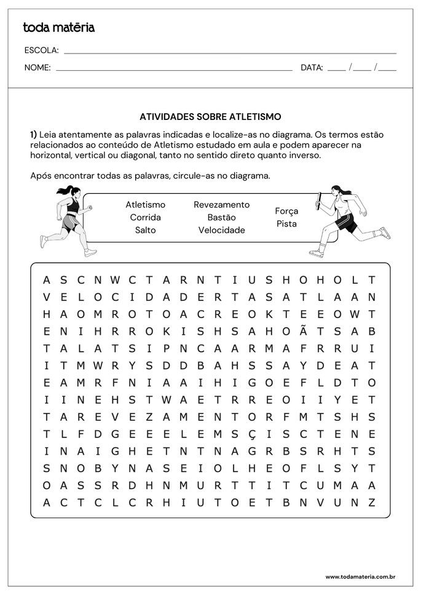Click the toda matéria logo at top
click(x=58, y=27)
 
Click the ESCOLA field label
click(x=41, y=50)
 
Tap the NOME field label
click(x=37, y=68)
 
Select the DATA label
click(x=312, y=68)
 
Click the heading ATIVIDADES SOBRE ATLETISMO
click(x=210, y=116)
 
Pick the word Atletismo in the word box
click(x=145, y=204)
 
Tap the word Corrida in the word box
click(x=145, y=217)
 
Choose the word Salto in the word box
click(x=145, y=230)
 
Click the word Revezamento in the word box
click(x=221, y=204)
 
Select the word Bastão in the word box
click(x=221, y=217)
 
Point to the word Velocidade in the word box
click(x=221, y=230)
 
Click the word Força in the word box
click(x=286, y=211)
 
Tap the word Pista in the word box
click(x=286, y=224)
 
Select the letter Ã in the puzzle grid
click(x=302, y=330)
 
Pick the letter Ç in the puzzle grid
click(x=251, y=434)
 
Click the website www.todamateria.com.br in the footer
click(x=360, y=577)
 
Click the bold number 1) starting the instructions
click(x=34, y=134)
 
